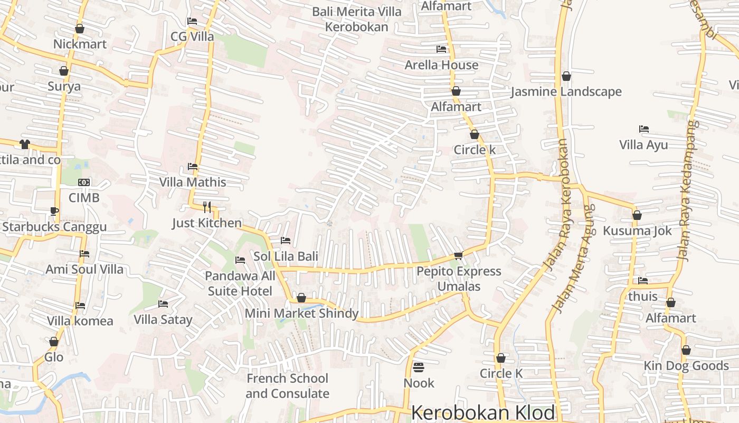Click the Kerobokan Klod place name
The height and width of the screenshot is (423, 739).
483,412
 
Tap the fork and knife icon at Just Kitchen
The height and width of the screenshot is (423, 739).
207,207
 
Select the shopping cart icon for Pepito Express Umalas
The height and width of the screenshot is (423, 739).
458,255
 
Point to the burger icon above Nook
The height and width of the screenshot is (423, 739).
419,367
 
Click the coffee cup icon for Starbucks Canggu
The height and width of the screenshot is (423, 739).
54,211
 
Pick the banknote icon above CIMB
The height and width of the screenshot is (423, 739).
84,182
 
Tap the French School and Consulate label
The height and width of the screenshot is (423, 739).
287,386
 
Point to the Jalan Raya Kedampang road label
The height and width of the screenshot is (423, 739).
687,190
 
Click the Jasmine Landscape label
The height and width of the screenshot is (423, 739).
566,91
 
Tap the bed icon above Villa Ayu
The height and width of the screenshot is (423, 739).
643,129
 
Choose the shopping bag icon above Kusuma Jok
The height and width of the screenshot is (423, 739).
637,215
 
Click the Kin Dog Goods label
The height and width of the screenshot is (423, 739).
686,365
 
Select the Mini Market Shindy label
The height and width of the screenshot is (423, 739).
301,314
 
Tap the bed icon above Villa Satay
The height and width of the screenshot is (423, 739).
163,304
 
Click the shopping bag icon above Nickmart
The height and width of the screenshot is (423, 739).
80,29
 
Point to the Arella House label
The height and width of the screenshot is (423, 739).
441,65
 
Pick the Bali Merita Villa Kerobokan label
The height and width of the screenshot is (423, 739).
356,19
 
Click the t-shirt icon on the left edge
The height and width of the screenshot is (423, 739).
25,144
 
